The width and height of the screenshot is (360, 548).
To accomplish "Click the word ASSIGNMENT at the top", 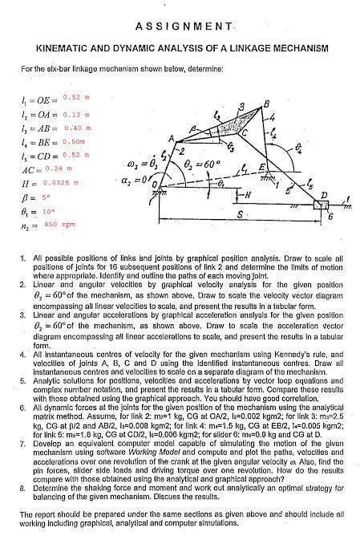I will [179, 27].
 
